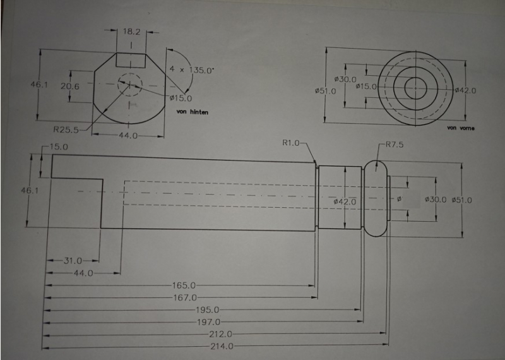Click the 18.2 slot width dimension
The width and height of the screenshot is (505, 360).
(131, 31)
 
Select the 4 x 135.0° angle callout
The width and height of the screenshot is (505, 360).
(192, 70)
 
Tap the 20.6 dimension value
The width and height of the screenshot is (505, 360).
(69, 87)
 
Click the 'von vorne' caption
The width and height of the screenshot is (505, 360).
(460, 128)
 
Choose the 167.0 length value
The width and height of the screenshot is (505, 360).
(184, 297)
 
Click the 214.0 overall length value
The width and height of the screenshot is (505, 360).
(221, 347)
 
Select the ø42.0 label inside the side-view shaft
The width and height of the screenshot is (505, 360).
(345, 201)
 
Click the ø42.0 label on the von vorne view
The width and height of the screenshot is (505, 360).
(465, 91)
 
